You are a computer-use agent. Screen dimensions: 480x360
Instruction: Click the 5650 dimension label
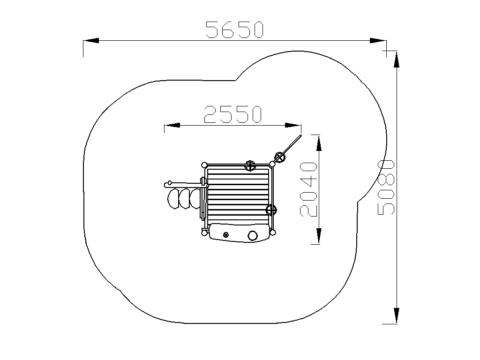click(234, 30)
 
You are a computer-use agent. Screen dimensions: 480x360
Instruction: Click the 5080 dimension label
click(386, 187)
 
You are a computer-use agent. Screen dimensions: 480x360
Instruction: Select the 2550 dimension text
click(232, 114)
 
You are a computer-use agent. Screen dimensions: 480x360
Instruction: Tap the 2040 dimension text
click(308, 189)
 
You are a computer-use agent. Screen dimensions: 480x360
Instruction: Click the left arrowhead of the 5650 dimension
click(91, 40)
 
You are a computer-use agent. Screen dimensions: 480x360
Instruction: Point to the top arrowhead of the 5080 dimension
click(397, 60)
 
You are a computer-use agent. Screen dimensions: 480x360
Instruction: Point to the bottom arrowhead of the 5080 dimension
click(397, 315)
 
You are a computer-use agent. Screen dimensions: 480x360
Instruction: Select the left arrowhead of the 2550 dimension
click(172, 125)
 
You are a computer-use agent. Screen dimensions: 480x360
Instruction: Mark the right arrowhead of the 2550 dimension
click(293, 125)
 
